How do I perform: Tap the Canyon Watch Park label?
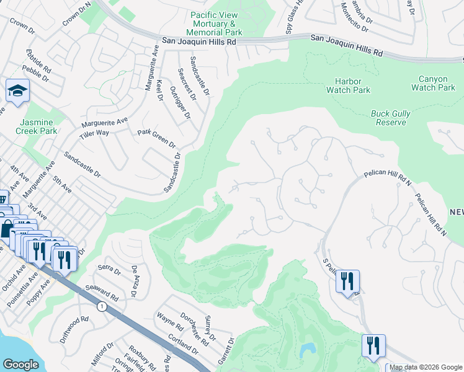[433, 83]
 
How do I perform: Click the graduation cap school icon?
[18, 91]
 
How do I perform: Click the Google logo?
[20, 365]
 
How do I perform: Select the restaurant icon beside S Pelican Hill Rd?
[347, 281]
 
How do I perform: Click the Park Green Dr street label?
[156, 138]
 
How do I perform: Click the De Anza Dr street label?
[133, 281]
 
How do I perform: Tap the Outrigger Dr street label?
[181, 102]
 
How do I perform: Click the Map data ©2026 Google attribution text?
[426, 367]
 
